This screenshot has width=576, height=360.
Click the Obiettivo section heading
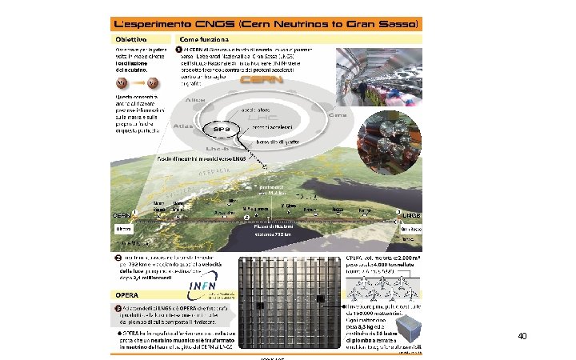[x=128, y=39]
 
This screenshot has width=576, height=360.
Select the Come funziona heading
[x=207, y=39]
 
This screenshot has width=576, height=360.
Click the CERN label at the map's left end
[x=121, y=215]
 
